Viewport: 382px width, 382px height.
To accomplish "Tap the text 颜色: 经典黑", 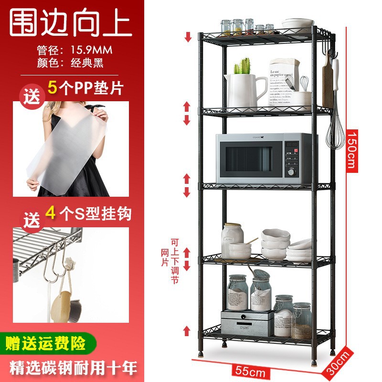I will [70, 63].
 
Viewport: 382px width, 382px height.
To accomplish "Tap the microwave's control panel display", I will [292, 144].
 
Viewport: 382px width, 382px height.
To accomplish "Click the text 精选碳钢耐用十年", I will [70, 367].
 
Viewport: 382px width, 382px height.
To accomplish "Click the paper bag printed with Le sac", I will [283, 81].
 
